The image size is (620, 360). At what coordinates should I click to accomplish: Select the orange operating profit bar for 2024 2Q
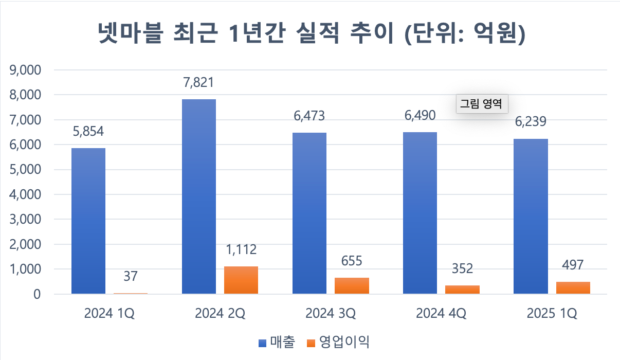[241, 280]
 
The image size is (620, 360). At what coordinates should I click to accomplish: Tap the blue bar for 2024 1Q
[88, 221]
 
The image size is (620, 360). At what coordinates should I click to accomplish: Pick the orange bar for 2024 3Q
[352, 286]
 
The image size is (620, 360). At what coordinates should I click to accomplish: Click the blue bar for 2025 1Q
[531, 217]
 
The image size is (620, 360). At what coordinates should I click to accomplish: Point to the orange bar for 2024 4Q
[462, 290]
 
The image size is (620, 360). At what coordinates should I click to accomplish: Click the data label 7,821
[198, 82]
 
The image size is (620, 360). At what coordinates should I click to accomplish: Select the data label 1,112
[241, 250]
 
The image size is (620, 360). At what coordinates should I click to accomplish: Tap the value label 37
[130, 276]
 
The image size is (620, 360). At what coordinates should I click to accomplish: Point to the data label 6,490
[420, 116]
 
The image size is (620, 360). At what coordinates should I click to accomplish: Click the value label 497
[573, 265]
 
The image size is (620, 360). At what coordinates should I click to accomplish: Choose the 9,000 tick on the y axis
[25, 70]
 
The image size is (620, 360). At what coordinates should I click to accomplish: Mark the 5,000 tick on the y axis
[25, 170]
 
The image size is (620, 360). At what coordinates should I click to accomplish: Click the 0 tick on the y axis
[36, 295]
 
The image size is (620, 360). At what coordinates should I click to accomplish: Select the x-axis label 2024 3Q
[331, 313]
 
